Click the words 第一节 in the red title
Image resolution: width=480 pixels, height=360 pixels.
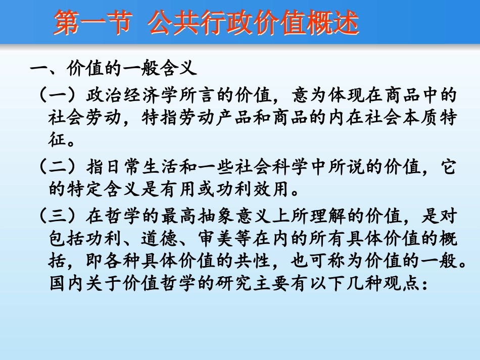pos(91,24)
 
